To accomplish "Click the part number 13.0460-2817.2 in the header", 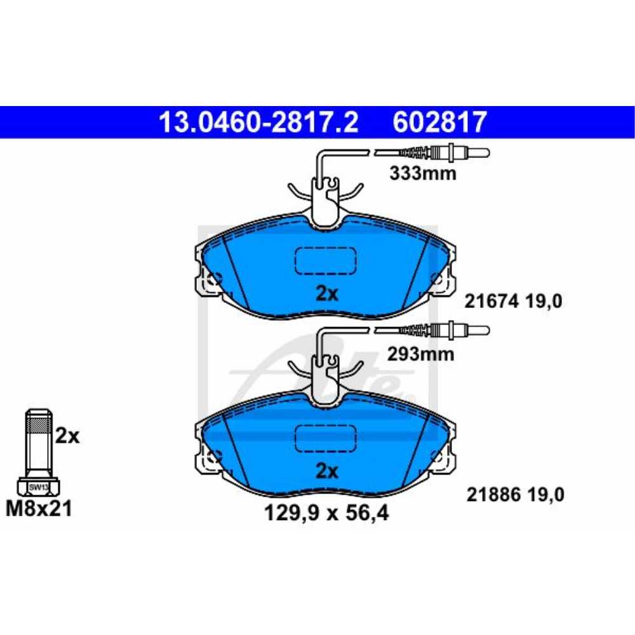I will (258, 122).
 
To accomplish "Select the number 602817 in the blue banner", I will (440, 122).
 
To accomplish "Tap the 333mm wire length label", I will (422, 173).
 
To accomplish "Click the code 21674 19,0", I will (515, 302).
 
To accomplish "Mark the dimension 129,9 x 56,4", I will (326, 512).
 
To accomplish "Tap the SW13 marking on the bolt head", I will (38, 487).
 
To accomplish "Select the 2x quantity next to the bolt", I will (67, 436).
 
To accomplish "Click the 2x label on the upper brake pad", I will (328, 293).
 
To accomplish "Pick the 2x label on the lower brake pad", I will (328, 471).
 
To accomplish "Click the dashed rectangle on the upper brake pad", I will (326, 260).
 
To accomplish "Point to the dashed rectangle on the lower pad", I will (326, 438).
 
